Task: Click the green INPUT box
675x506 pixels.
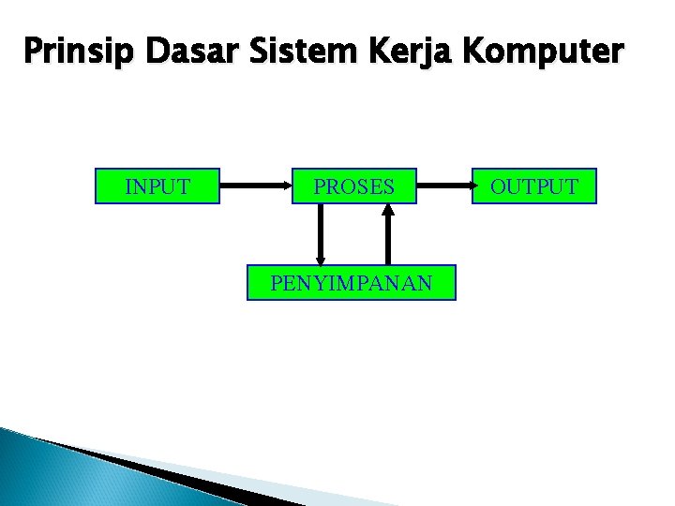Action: (157, 186)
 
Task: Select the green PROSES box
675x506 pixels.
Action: (354, 186)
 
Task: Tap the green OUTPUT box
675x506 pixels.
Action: (534, 186)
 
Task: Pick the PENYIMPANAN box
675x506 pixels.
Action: (351, 282)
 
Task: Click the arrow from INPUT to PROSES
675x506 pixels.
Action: (255, 186)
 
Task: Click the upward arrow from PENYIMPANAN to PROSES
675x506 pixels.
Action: (389, 234)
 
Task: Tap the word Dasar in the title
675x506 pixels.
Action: (140, 52)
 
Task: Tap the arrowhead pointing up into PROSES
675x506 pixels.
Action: (389, 210)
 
